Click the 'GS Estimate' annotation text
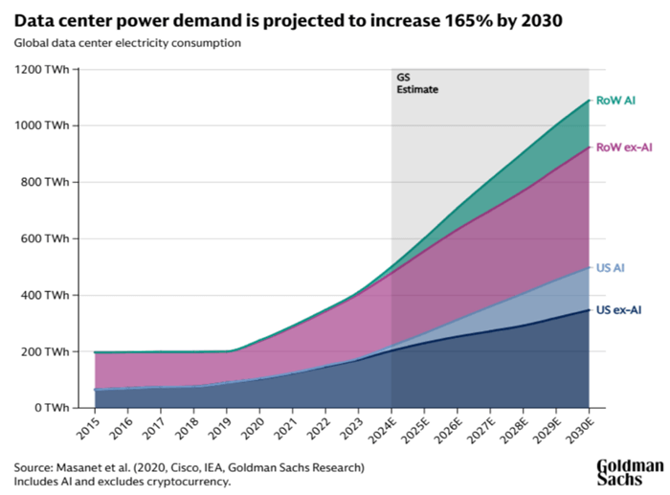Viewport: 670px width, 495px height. tap(412, 83)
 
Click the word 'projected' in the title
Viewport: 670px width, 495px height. tap(253, 19)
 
